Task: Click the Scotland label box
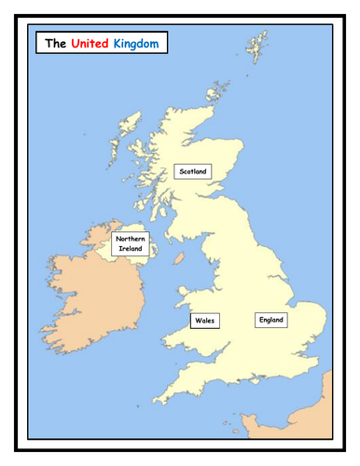tap(194, 171)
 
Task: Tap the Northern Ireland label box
tap(130, 244)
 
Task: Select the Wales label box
tap(203, 321)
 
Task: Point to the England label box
tap(270, 320)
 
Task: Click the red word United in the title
tap(90, 43)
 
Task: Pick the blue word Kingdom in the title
tap(135, 43)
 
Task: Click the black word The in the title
tap(55, 43)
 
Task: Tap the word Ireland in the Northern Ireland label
tap(130, 250)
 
